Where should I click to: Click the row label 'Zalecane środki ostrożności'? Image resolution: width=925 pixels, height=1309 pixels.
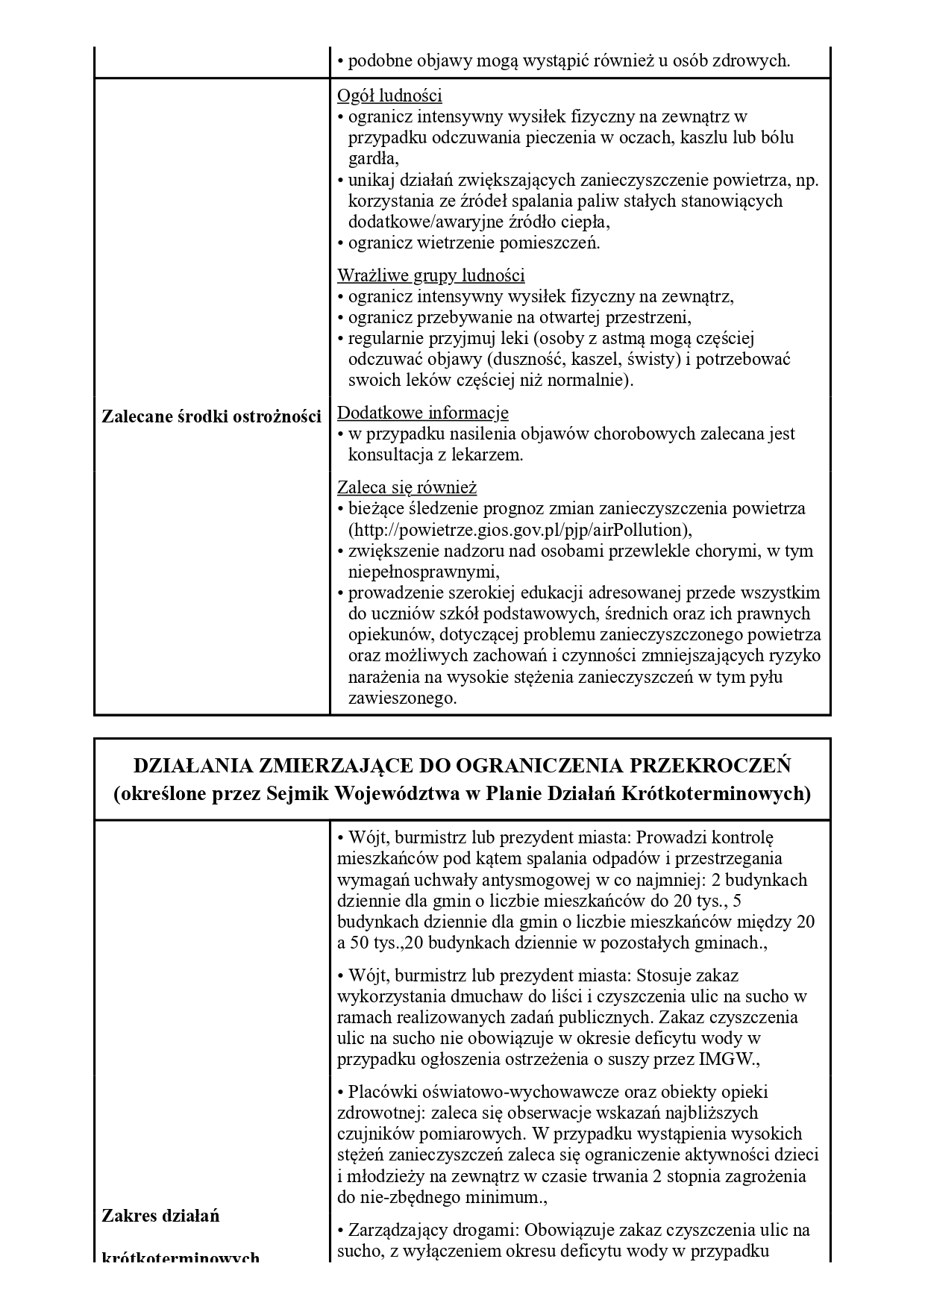click(211, 416)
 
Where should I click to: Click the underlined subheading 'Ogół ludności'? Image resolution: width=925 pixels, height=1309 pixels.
click(389, 96)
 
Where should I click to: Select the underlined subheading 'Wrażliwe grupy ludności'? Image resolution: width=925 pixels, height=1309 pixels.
click(430, 275)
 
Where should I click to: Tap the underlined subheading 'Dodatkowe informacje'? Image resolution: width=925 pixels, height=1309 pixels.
click(423, 413)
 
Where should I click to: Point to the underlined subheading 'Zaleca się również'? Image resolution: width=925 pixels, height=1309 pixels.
click(407, 488)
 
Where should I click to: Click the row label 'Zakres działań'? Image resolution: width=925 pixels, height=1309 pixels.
click(160, 1216)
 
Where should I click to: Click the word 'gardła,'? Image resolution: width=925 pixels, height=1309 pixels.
click(374, 158)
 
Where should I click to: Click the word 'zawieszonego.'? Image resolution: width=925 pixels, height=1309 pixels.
click(402, 699)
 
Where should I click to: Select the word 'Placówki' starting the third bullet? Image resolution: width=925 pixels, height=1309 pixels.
click(379, 1092)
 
